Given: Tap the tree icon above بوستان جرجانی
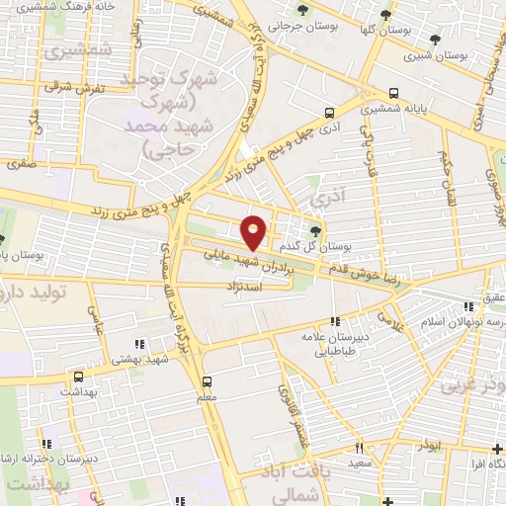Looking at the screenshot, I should (x=302, y=11).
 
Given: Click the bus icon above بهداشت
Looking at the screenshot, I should (x=78, y=377).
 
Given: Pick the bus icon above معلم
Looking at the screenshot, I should (x=208, y=381).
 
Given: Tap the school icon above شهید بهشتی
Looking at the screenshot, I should (x=138, y=344).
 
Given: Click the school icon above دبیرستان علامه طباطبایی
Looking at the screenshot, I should (x=335, y=321).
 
